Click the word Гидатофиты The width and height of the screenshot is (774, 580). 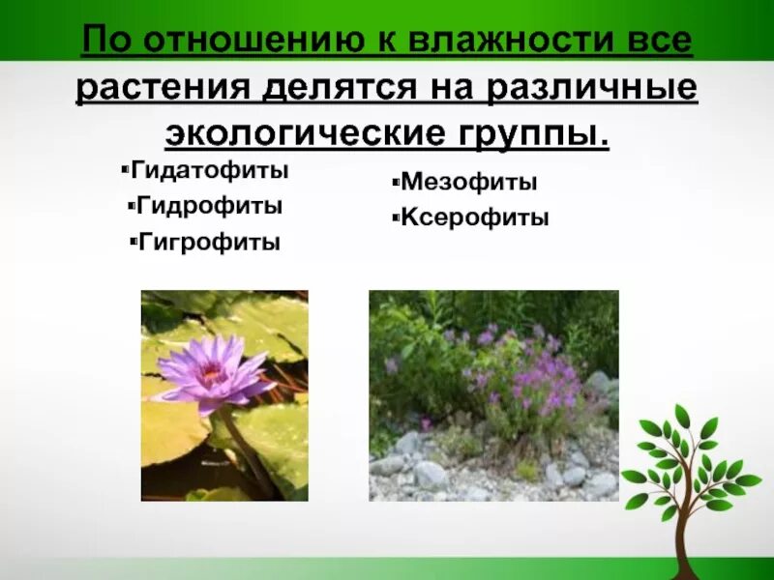[x=209, y=171]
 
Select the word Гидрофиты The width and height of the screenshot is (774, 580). [x=209, y=206]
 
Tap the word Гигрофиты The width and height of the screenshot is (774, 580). [x=209, y=242]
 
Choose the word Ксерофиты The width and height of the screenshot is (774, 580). [x=474, y=217]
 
